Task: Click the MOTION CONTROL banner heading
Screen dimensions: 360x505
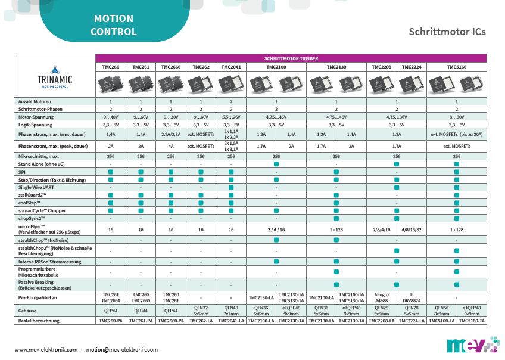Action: click(114, 26)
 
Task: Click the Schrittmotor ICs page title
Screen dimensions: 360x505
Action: click(447, 32)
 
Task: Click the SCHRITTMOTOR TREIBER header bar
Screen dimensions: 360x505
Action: click(291, 58)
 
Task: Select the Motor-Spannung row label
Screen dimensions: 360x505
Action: click(36, 117)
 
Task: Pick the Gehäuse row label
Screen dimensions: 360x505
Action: click(30, 310)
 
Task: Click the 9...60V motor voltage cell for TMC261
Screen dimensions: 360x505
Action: click(141, 117)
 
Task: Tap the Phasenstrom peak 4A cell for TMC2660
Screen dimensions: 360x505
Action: click(171, 146)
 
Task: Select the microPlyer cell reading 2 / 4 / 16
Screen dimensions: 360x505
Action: click(276, 229)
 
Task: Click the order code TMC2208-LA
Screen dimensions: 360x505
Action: click(382, 321)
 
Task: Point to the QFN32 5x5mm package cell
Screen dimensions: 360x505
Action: click(201, 310)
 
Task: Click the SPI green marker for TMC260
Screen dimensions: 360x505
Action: click(111, 172)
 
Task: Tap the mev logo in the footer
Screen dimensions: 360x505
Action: click(467, 345)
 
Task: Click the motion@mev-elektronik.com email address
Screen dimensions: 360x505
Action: click(121, 350)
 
